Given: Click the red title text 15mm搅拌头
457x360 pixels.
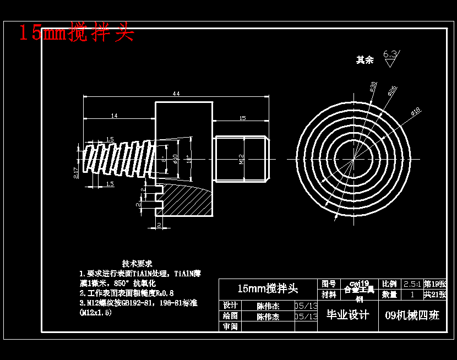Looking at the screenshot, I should [77, 32].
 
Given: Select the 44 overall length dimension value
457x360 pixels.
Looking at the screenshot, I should [176, 94].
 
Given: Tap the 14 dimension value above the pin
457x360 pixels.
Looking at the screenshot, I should [114, 116].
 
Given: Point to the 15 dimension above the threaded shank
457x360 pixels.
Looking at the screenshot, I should [242, 118].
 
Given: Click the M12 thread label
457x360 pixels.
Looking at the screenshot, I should [242, 159].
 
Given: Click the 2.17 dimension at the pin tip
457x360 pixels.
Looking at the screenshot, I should [75, 173].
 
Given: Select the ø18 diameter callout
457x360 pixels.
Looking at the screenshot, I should [415, 111].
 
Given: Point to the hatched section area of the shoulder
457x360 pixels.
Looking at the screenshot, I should [187, 201].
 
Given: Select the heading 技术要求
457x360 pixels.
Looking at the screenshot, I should [137, 264].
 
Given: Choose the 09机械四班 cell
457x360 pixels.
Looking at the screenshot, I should [413, 315].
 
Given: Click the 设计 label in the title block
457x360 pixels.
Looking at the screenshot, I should [230, 306].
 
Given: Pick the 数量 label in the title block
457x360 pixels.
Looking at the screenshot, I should [389, 294].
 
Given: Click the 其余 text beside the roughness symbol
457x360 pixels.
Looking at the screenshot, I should [364, 59].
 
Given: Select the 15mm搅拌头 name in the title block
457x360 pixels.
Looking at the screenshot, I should [268, 288].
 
